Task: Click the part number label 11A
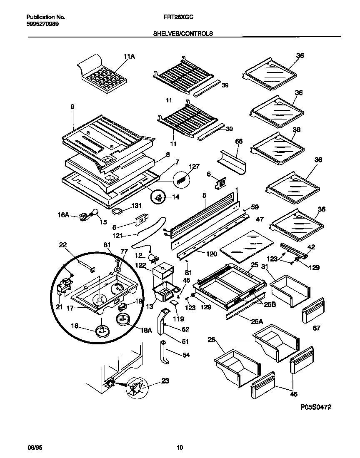tap(129, 57)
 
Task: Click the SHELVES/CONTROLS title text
tap(180, 33)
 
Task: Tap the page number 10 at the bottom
tap(180, 448)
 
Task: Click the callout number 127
tap(194, 167)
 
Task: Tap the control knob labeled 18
tap(102, 331)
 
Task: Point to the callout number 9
tap(72, 107)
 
